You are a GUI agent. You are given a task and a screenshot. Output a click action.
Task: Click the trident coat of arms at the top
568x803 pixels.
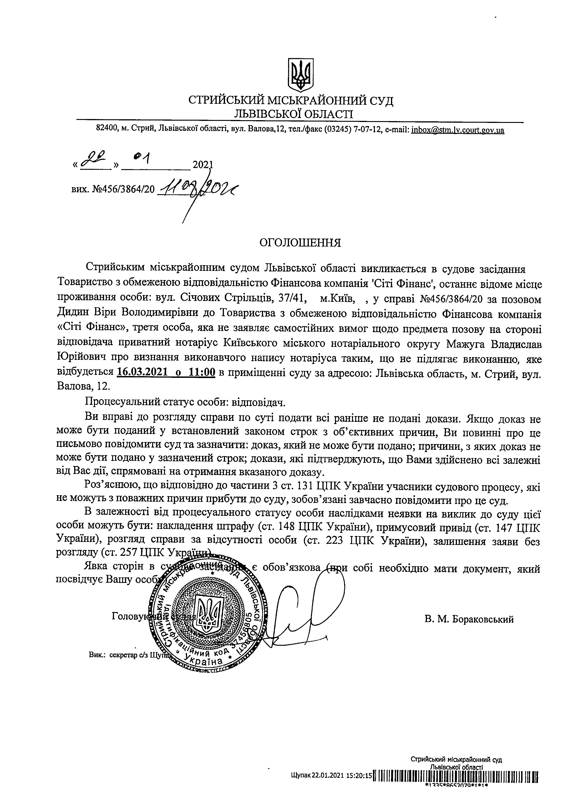coord(299,74)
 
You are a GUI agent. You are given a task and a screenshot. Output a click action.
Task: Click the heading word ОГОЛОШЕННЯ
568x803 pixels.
coord(300,243)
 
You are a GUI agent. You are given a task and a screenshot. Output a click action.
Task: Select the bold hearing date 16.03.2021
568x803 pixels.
coord(142,372)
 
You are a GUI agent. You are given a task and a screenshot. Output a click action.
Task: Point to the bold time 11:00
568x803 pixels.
coord(202,372)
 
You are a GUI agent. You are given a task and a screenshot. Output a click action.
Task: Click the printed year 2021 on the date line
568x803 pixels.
coord(203,165)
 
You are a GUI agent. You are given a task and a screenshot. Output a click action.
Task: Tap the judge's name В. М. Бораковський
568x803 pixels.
coord(469,619)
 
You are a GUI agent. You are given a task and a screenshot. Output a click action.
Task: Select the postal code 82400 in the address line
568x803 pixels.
coord(105,130)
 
